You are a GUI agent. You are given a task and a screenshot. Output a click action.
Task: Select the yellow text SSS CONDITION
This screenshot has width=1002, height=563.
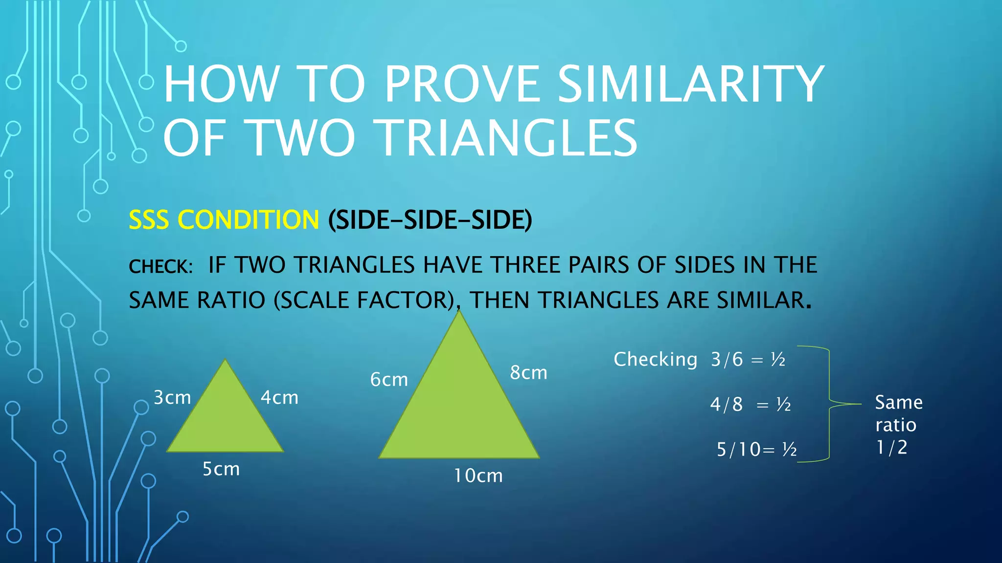[x=224, y=220]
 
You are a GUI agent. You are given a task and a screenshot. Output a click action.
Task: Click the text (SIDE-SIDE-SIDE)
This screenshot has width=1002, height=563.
[x=430, y=220]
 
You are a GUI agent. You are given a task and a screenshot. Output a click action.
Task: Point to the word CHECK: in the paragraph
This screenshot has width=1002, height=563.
[x=160, y=266]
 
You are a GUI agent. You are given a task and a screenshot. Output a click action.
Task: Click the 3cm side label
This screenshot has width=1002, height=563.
[x=172, y=397]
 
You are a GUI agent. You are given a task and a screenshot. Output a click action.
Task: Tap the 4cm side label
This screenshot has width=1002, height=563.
[x=279, y=397]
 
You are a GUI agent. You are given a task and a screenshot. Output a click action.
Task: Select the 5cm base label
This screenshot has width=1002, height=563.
[x=221, y=469]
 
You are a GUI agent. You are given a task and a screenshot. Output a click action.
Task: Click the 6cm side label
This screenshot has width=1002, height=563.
[x=389, y=379]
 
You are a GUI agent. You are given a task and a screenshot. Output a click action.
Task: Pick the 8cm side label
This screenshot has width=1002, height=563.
[x=528, y=372]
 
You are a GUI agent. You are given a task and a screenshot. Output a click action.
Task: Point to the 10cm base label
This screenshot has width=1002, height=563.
[x=478, y=476]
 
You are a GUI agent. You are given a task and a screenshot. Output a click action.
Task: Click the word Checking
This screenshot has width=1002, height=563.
[x=656, y=359]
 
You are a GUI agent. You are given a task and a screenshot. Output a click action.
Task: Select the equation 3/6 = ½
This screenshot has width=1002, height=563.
[x=748, y=360]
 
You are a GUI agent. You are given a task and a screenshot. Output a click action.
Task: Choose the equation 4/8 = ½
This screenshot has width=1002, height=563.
[x=750, y=405]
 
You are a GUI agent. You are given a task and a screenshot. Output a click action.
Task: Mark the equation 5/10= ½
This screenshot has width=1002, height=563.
[x=756, y=449]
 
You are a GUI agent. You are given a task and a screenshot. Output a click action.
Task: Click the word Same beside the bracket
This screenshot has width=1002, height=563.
[x=899, y=403]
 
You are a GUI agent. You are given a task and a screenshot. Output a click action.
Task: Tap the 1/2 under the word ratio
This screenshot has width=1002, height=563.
[x=891, y=447]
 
